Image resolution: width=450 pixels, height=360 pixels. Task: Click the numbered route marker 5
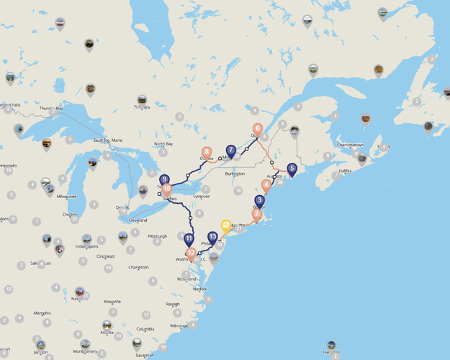coord(292,169)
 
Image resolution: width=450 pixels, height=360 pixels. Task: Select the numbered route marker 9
coord(165,179)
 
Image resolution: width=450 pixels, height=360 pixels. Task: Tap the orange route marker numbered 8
coord(207,152)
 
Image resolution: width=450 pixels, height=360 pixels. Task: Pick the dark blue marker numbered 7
coord(231,150)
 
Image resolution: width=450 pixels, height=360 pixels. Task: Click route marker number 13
coord(212,237)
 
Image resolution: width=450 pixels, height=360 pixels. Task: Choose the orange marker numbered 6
coord(258,129)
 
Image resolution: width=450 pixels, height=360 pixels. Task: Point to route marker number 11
coord(189,238)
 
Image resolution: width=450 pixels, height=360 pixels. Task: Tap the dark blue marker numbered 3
coord(260,200)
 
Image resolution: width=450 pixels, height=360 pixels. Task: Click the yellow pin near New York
coord(226,225)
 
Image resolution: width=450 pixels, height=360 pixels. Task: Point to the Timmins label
coord(142,107)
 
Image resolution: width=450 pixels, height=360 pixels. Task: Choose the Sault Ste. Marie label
coord(109,140)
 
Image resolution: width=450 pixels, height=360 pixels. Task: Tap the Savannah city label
coord(145,354)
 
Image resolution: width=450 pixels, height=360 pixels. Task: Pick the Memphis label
coord(42,313)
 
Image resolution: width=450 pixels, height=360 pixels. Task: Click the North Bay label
coord(163,144)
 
